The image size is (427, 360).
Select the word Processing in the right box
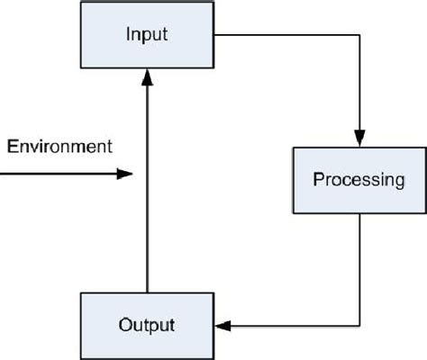(x=358, y=179)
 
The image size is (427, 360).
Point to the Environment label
(x=59, y=146)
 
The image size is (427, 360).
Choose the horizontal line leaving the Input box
(x=288, y=36)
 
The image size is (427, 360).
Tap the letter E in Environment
(x=11, y=146)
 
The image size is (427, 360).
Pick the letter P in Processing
(x=318, y=179)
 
